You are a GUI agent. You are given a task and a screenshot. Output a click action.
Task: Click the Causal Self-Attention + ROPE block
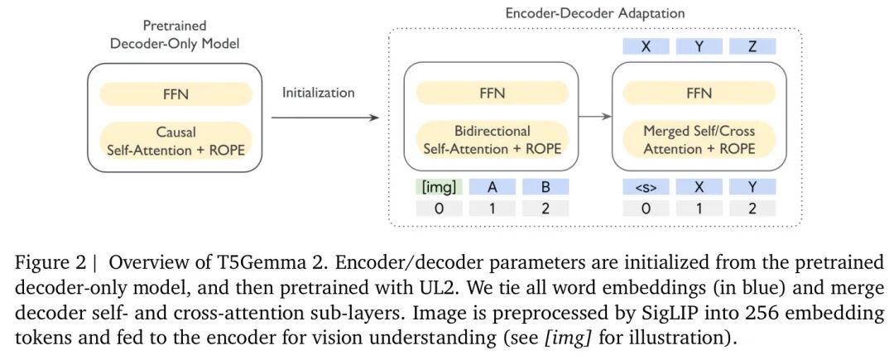(175, 140)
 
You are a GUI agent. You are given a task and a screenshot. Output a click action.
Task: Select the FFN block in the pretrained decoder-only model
(175, 94)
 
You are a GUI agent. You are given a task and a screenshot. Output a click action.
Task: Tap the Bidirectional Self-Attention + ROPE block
(492, 140)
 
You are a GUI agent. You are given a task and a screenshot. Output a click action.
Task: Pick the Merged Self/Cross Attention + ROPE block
(699, 140)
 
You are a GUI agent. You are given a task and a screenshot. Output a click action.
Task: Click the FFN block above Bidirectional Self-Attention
(492, 94)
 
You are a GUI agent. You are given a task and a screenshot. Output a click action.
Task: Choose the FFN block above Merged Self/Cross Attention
(699, 94)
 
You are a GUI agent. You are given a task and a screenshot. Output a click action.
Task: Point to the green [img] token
(439, 187)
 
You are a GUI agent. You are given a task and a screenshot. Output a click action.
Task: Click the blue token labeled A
(492, 187)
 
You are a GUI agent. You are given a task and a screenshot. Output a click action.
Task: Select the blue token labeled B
(546, 187)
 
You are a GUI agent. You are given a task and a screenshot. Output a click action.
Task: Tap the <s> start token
(645, 187)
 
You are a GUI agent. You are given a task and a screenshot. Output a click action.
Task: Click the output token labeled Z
(752, 46)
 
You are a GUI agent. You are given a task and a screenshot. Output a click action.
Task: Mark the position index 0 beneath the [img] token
(439, 208)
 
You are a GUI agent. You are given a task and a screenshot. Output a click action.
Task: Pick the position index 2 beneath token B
(546, 208)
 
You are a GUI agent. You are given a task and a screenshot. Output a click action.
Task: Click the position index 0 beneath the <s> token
(645, 208)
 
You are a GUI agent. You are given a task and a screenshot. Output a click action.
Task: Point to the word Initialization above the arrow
(319, 93)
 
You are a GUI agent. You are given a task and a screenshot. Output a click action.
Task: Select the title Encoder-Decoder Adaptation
(595, 14)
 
